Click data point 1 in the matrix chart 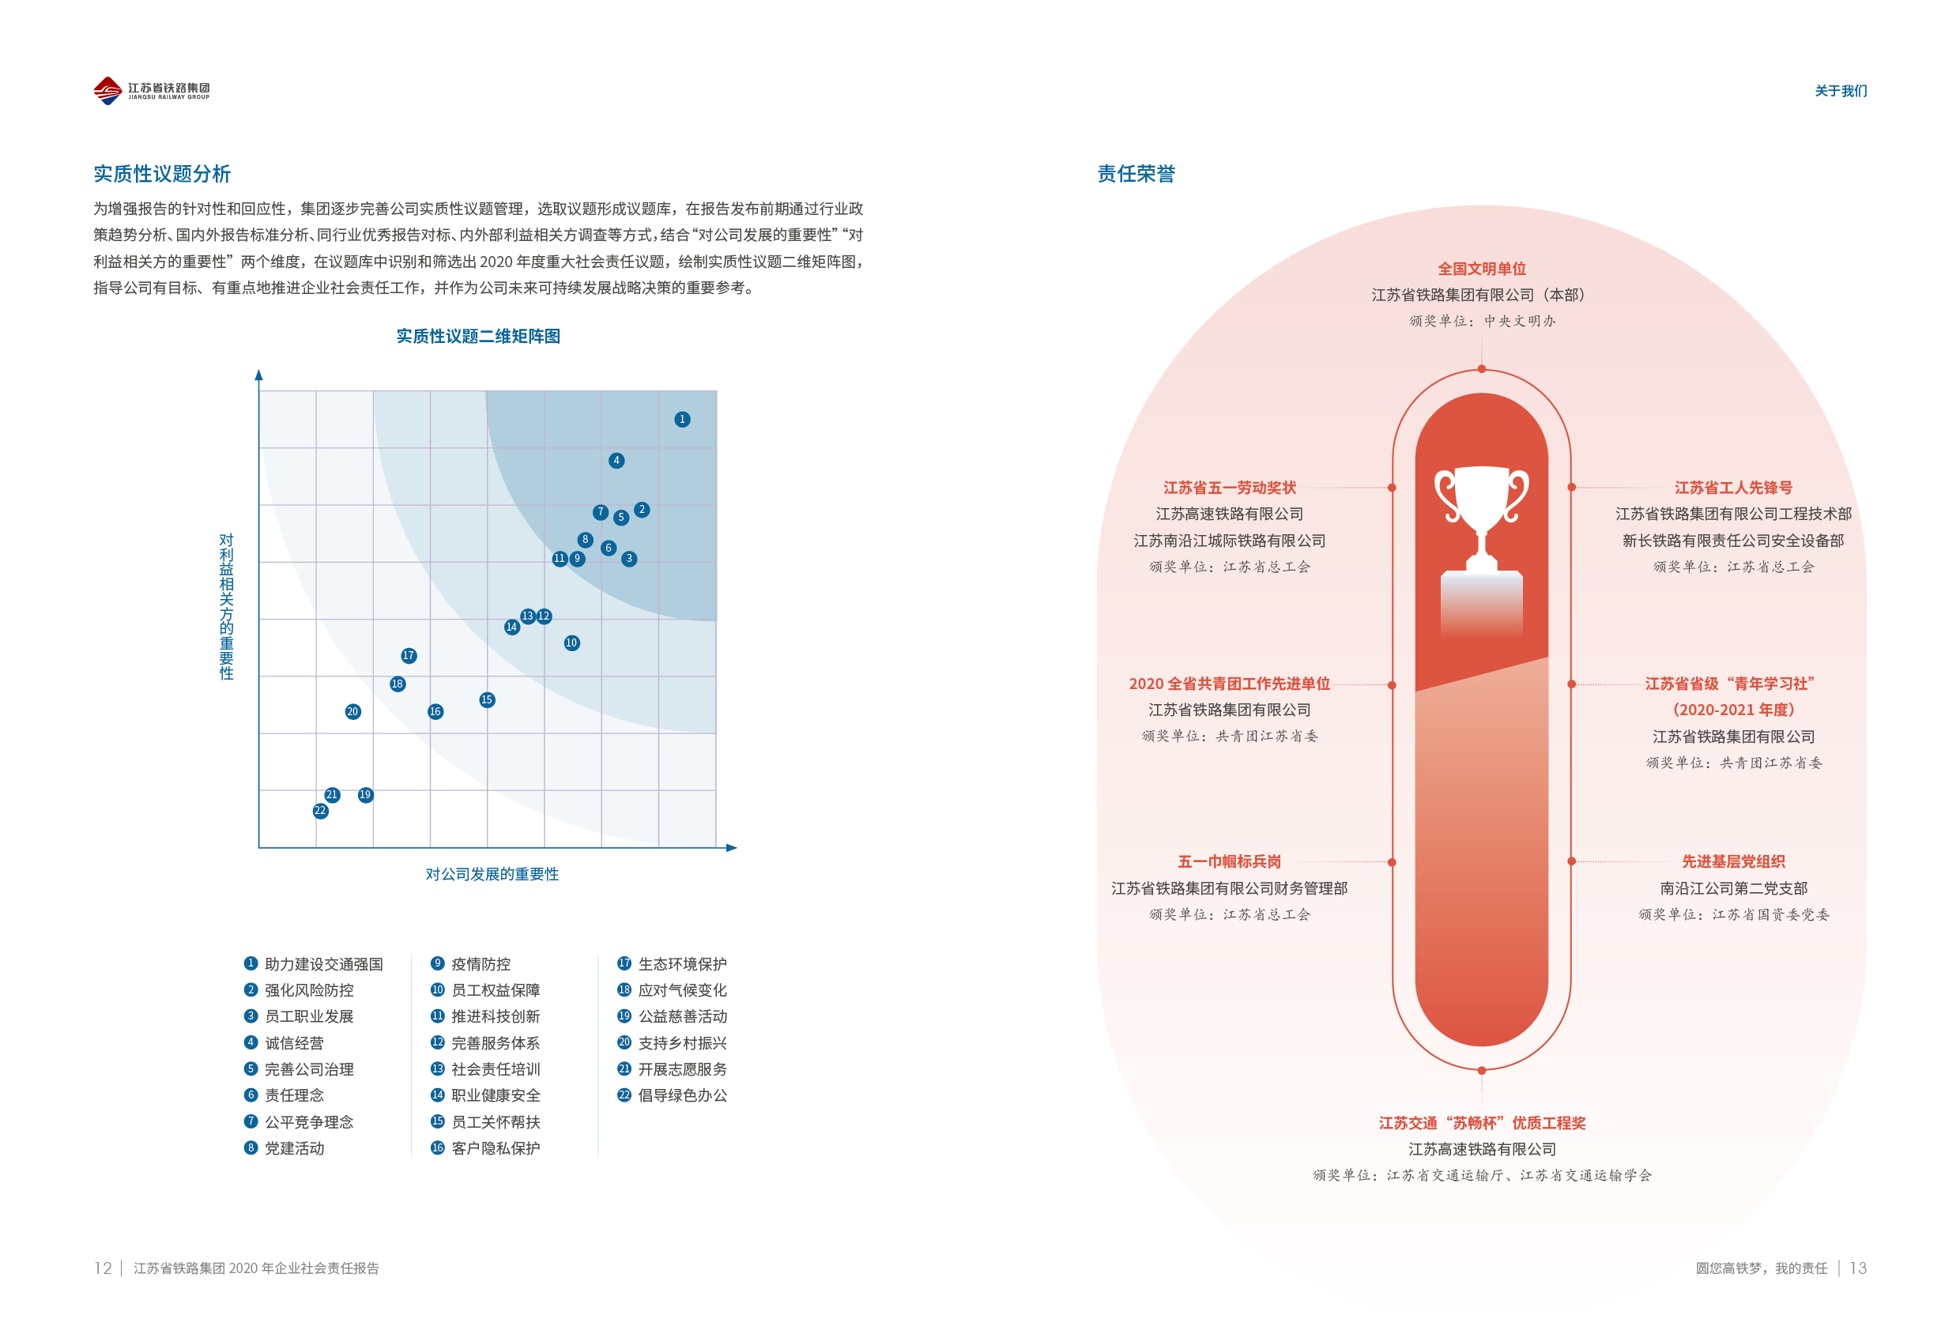pyautogui.click(x=682, y=419)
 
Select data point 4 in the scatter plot pyautogui.click(x=616, y=461)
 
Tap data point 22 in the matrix pyautogui.click(x=319, y=812)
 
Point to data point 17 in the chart pyautogui.click(x=408, y=656)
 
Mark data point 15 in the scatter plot pyautogui.click(x=487, y=700)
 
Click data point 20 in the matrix pyautogui.click(x=352, y=712)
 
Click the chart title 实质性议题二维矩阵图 pyautogui.click(x=478, y=337)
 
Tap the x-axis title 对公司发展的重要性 pyautogui.click(x=492, y=875)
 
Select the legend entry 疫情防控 pyautogui.click(x=481, y=964)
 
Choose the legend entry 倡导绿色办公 pyautogui.click(x=682, y=1095)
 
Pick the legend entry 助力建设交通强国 pyautogui.click(x=323, y=964)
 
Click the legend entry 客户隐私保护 pyautogui.click(x=495, y=1147)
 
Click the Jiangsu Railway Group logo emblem pyautogui.click(x=108, y=90)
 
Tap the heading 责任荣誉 pyautogui.click(x=1135, y=174)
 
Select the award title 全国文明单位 pyautogui.click(x=1482, y=269)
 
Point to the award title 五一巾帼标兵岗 pyautogui.click(x=1229, y=862)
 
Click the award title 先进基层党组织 pyautogui.click(x=1733, y=862)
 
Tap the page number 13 pyautogui.click(x=1858, y=1268)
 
